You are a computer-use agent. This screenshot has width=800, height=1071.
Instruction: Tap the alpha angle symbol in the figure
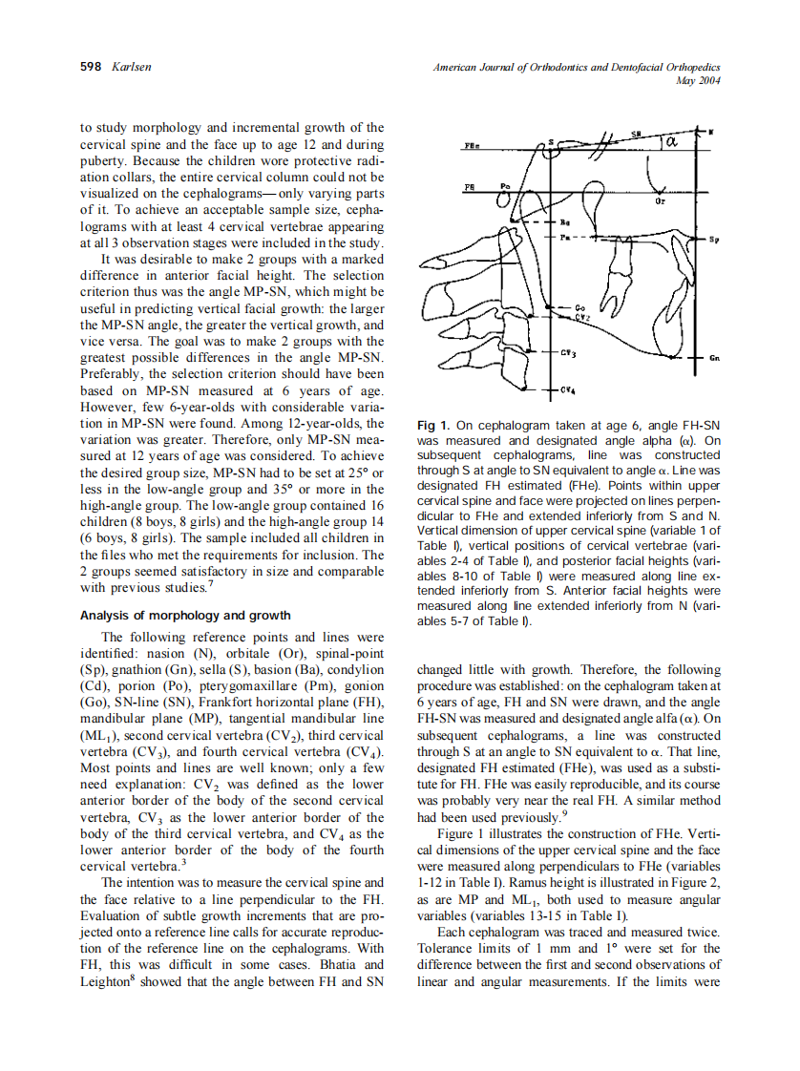pyautogui.click(x=671, y=143)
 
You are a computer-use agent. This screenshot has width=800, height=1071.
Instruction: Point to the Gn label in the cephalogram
pyautogui.click(x=714, y=358)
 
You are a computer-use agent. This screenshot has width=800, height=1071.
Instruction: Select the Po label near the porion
pyautogui.click(x=506, y=185)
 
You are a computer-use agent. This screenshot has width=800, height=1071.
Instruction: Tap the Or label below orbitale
pyautogui.click(x=660, y=202)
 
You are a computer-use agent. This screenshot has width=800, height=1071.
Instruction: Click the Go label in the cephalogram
pyautogui.click(x=580, y=307)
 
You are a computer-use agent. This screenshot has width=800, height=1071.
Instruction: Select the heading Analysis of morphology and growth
pyautogui.click(x=185, y=615)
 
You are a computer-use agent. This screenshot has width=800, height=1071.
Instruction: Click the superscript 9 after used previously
pyautogui.click(x=564, y=813)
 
